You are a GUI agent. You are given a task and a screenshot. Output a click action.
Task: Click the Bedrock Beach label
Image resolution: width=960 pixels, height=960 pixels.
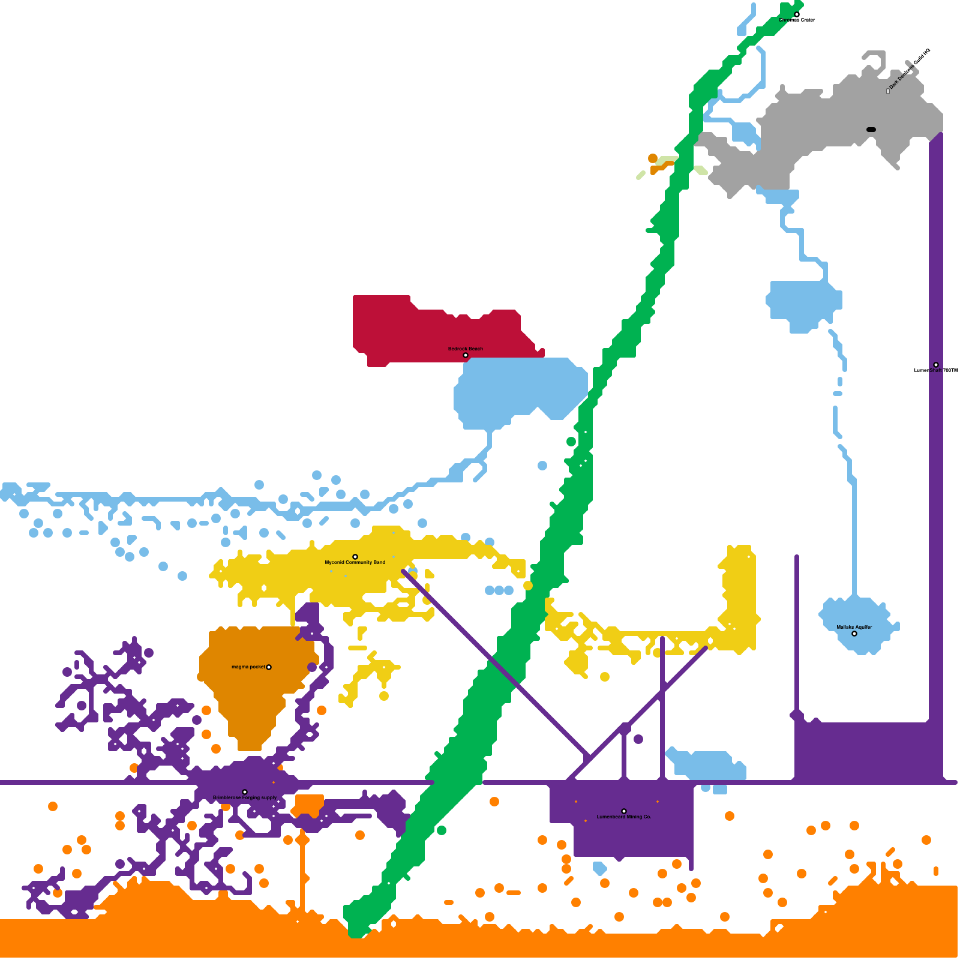pos(465,349)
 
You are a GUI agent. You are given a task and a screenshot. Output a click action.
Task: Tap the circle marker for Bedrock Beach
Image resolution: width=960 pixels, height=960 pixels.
pos(465,355)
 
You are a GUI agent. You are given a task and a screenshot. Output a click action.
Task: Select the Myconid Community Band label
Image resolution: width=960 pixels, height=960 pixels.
pos(355,563)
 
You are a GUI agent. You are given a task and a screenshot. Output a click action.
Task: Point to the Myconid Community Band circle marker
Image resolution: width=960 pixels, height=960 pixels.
pos(355,557)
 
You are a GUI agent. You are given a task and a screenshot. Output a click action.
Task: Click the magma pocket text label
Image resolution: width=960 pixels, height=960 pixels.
pos(248,667)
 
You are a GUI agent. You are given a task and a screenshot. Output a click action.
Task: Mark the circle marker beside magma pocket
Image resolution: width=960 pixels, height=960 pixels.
pos(268,667)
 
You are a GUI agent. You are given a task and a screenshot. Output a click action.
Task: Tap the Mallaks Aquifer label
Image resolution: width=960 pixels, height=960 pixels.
pos(854,628)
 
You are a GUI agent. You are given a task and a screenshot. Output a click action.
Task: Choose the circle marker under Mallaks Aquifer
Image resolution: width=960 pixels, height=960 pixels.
pos(854,634)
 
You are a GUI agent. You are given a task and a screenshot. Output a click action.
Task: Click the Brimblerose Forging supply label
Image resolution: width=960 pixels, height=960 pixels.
pos(245,798)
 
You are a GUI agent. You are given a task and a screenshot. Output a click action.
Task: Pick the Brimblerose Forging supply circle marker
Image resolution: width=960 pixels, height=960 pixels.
pos(244,792)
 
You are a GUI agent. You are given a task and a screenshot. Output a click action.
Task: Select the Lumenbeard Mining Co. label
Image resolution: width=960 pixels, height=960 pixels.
pos(623,817)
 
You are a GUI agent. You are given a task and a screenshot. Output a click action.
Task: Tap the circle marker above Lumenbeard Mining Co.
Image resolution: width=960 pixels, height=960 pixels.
pos(623,811)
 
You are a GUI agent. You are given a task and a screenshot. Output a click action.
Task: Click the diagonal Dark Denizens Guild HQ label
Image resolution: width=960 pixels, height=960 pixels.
pos(910,70)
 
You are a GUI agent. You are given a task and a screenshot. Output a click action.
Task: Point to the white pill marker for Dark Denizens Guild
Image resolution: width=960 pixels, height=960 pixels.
pos(888,91)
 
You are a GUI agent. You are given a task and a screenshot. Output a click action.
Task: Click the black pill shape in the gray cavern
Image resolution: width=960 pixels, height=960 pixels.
pos(871,130)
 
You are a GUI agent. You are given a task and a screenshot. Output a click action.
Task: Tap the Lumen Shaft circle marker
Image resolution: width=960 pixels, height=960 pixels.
pos(935,365)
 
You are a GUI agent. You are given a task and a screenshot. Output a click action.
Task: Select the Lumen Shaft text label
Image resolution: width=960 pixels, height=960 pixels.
pos(935,371)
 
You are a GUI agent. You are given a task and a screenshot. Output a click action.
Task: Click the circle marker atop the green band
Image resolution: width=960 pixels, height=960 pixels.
pos(796,14)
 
